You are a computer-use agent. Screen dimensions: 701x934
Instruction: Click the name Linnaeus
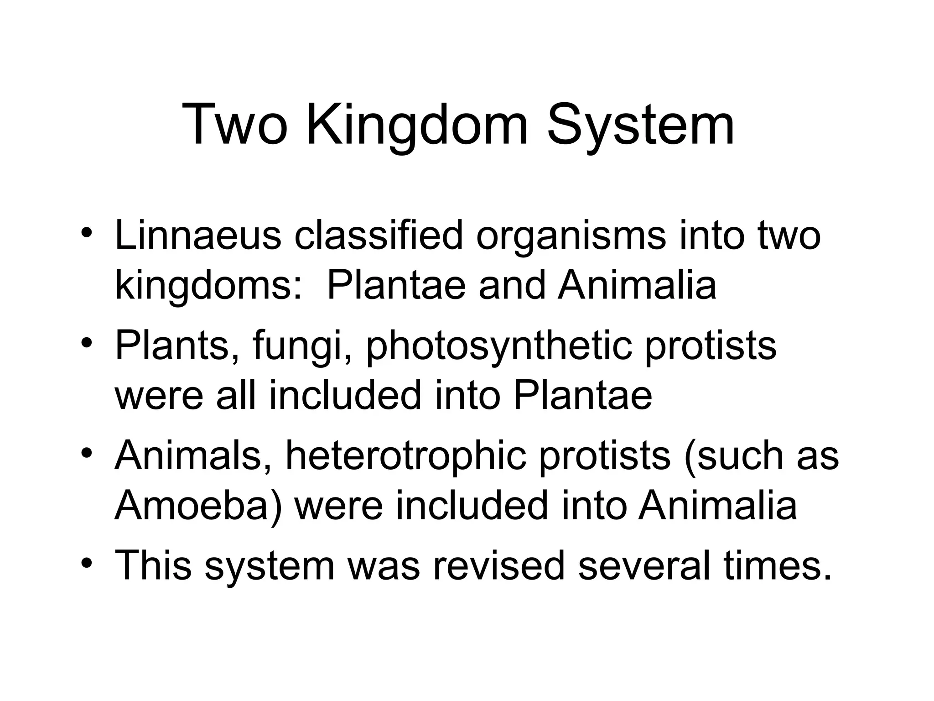pos(198,235)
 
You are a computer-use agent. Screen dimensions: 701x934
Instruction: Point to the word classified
pos(378,235)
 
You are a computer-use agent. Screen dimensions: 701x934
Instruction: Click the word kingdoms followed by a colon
pos(208,286)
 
